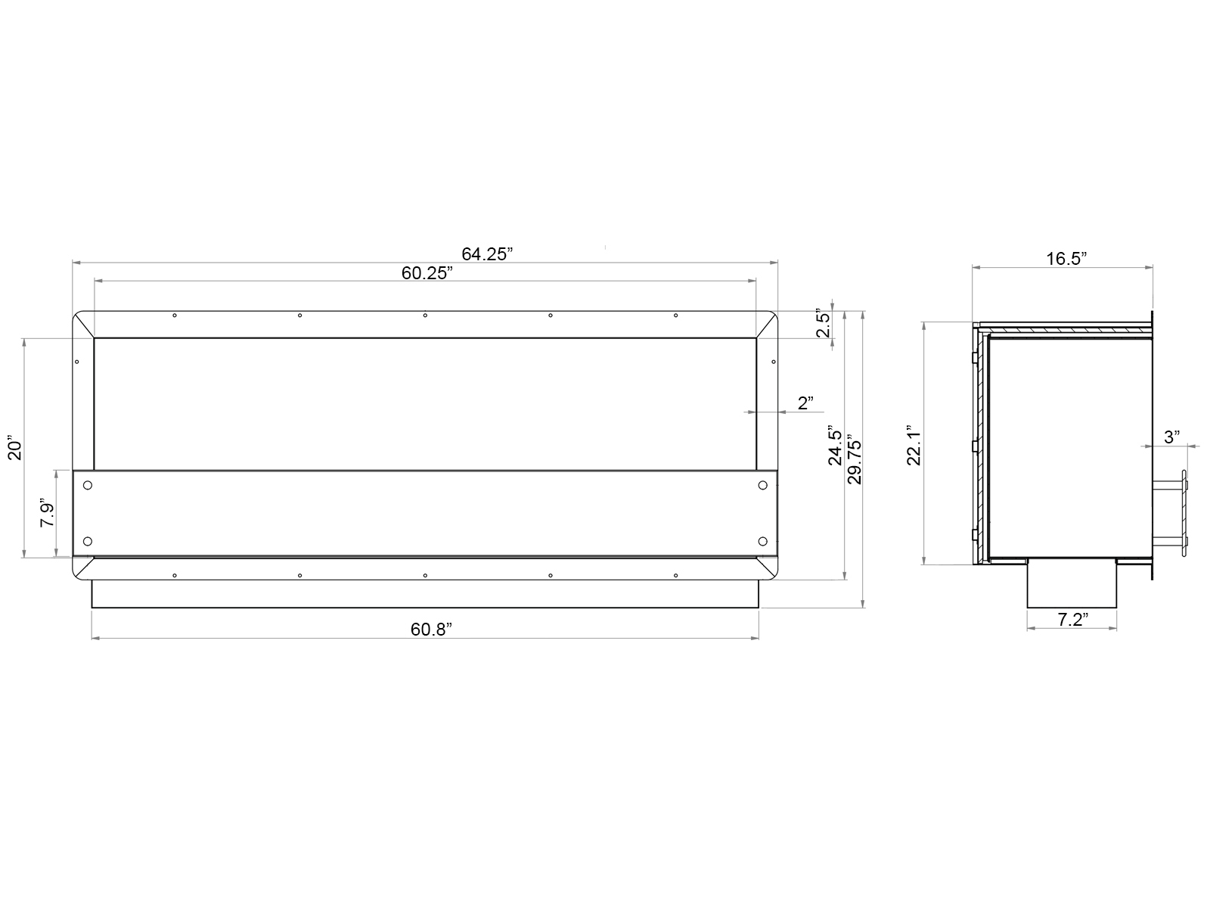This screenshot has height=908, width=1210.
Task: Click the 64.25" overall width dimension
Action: pos(487,254)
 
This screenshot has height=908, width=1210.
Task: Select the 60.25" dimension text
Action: pos(427,274)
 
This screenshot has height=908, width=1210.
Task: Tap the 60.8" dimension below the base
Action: pos(432,629)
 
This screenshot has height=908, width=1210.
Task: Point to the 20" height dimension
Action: pos(14,447)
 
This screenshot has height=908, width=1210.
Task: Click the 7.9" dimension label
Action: pos(47,515)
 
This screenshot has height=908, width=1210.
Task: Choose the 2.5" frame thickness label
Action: pos(824,323)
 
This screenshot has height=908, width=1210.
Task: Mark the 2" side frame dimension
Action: pos(805,403)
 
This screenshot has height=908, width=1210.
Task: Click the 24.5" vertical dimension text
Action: pos(835,445)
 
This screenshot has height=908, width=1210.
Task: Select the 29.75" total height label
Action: pos(855,459)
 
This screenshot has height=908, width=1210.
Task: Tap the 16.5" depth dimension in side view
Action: pos(1066,259)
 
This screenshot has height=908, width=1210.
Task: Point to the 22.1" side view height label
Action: pos(914,444)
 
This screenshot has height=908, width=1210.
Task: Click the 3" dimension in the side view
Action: pos(1172,437)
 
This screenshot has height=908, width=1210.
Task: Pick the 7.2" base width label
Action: pos(1072,620)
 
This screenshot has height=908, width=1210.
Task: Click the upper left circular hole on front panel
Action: pos(88,485)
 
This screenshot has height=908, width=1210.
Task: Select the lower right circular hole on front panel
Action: pos(762,540)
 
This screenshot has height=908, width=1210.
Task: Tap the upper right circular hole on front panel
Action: pos(762,485)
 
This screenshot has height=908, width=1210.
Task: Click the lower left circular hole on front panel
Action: pos(88,540)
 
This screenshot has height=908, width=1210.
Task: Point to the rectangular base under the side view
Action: pos(1072,583)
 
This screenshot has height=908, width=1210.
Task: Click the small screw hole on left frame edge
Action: pos(77,362)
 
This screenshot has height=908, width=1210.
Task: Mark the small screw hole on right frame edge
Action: pos(773,362)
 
